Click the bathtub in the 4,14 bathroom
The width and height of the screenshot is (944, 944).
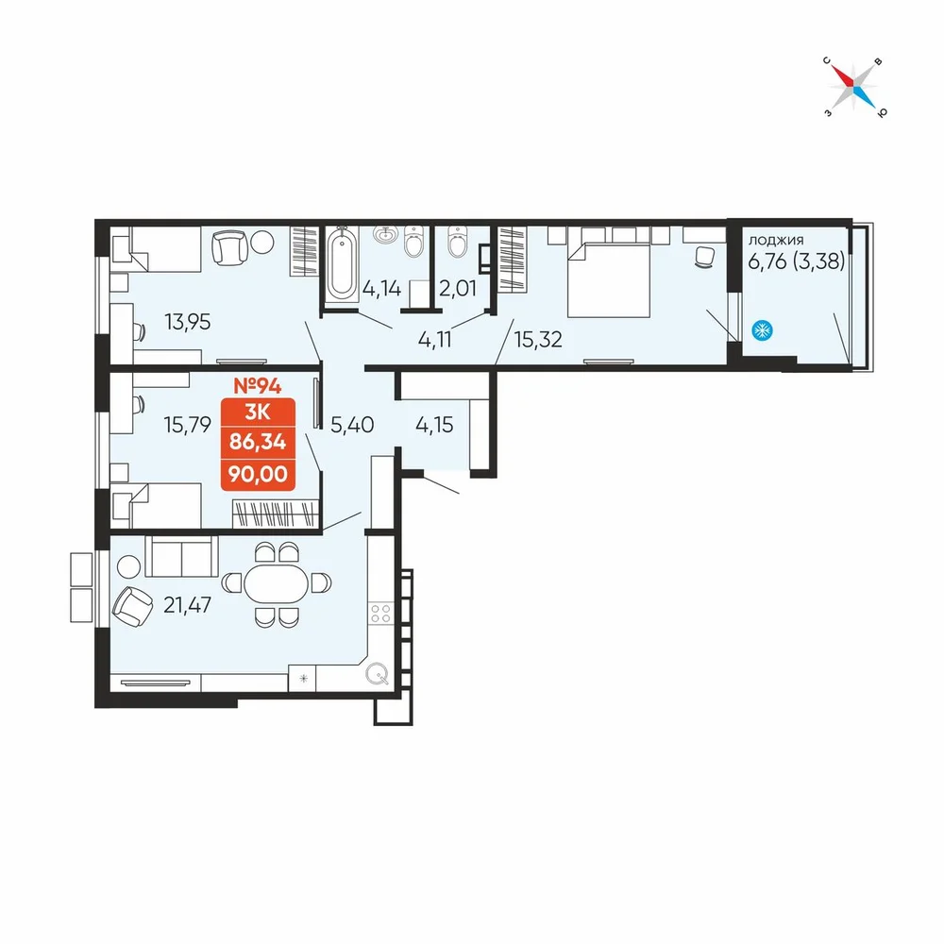pyautogui.click(x=343, y=264)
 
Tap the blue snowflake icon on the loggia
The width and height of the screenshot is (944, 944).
pyautogui.click(x=762, y=330)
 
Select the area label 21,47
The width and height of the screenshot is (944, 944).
pyautogui.click(x=187, y=604)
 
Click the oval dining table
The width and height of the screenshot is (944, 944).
pyautogui.click(x=277, y=583)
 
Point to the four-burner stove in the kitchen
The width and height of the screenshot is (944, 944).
pyautogui.click(x=381, y=613)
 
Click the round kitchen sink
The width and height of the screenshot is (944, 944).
pyautogui.click(x=378, y=674)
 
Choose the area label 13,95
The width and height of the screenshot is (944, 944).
pyautogui.click(x=188, y=322)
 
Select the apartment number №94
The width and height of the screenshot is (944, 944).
pyautogui.click(x=258, y=385)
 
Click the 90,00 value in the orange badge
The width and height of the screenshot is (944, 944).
pyautogui.click(x=258, y=475)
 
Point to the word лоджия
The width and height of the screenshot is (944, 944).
pyautogui.click(x=775, y=240)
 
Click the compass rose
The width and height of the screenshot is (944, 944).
pyautogui.click(x=854, y=87)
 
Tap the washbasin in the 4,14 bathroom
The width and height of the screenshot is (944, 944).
pyautogui.click(x=385, y=234)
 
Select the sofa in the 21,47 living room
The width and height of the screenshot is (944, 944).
pyautogui.click(x=182, y=557)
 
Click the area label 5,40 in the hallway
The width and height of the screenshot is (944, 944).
pyautogui.click(x=352, y=425)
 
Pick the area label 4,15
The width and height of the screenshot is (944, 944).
pyautogui.click(x=434, y=425)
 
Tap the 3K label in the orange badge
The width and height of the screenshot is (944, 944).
pyautogui.click(x=258, y=413)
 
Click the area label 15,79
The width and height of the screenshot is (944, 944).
pyautogui.click(x=188, y=425)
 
